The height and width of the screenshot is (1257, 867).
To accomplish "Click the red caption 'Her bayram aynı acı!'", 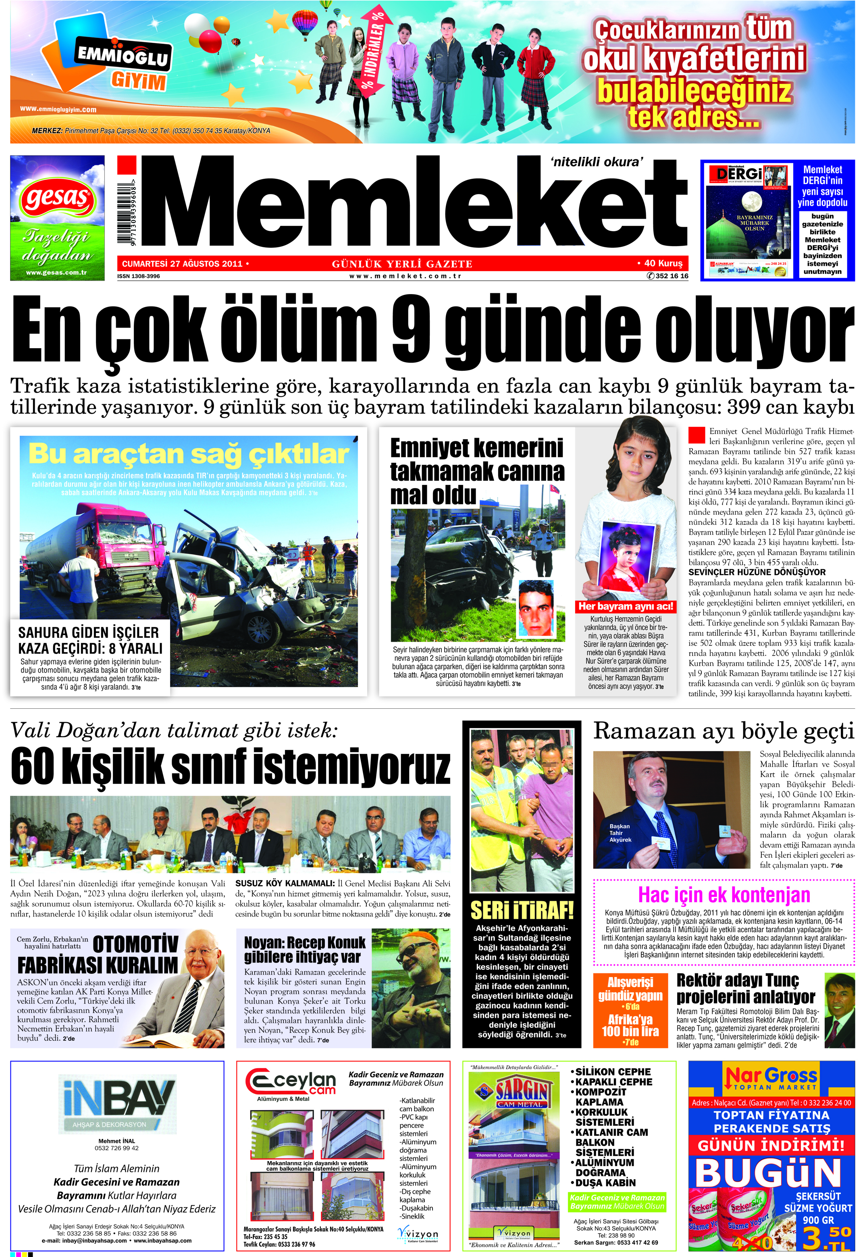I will (x=626, y=606).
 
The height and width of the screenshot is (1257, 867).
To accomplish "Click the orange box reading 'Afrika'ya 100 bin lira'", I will (x=630, y=1025).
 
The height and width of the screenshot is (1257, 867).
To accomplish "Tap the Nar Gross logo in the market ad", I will (x=770, y=1078).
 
